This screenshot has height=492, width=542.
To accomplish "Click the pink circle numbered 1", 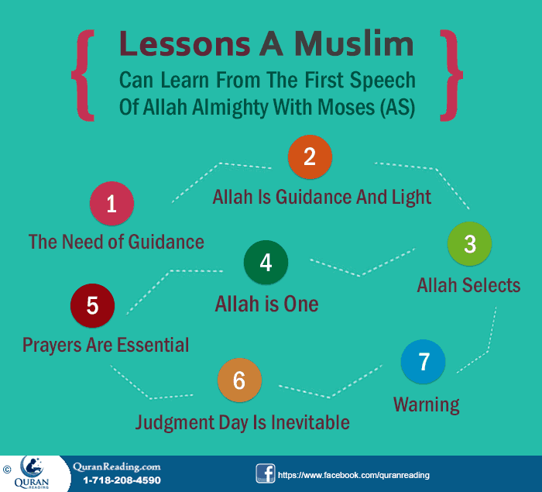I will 111,204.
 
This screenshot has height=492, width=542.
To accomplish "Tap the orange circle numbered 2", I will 310,157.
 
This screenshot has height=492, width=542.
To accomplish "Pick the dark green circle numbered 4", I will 266,263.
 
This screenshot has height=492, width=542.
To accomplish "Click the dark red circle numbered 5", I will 92,305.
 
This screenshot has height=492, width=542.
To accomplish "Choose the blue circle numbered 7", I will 423,362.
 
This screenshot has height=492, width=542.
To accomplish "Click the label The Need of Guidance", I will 116,242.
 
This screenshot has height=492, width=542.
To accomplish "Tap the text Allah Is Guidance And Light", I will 321,197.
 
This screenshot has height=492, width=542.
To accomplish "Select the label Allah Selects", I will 468,285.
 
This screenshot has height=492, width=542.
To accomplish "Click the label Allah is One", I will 266,303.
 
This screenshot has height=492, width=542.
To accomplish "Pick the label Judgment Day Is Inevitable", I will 242,422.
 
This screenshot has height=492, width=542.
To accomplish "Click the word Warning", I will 427,404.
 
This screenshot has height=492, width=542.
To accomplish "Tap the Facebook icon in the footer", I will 266,473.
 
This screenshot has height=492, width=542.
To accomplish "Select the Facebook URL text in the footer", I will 353,474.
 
